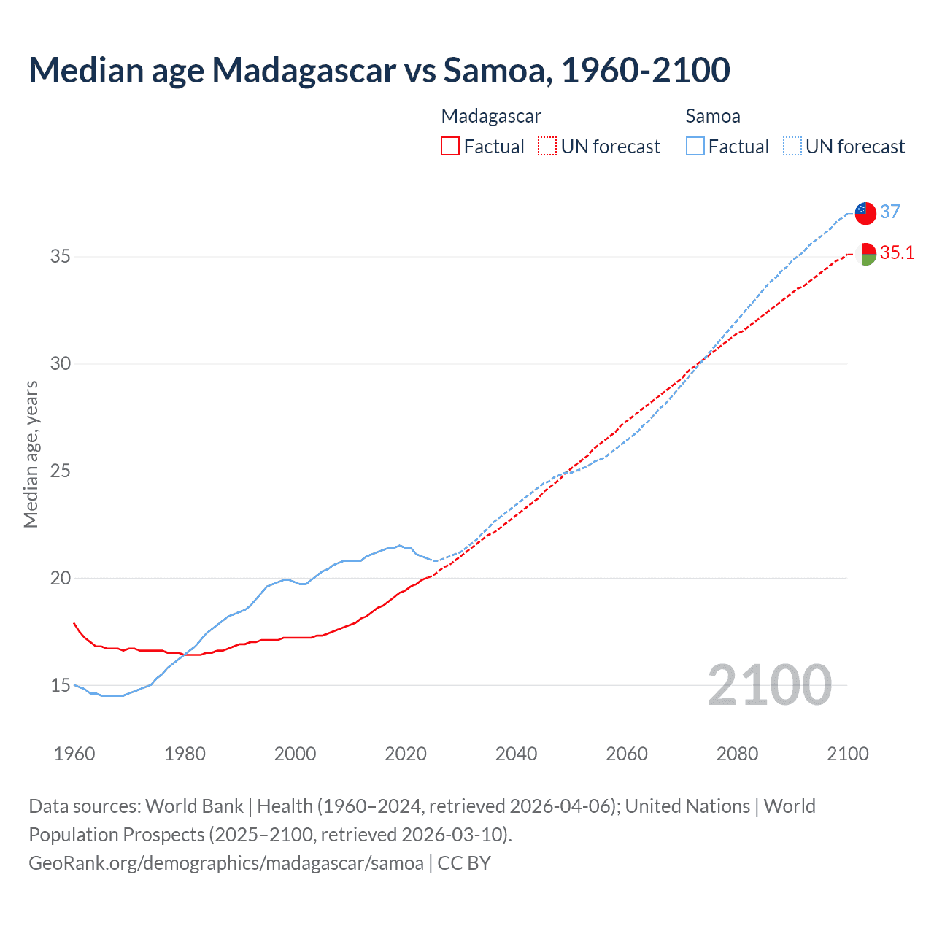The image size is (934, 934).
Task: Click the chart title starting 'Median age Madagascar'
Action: click(x=379, y=70)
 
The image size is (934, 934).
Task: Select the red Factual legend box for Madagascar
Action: click(x=450, y=147)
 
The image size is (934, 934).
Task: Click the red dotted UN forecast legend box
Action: click(x=547, y=147)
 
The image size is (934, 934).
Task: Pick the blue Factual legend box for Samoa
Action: click(x=695, y=147)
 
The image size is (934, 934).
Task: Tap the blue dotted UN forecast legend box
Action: click(x=792, y=147)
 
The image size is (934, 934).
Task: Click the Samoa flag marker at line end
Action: click(x=865, y=212)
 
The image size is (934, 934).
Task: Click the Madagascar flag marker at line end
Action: click(x=865, y=254)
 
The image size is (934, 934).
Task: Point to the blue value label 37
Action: click(x=889, y=212)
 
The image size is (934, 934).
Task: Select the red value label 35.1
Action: click(x=897, y=253)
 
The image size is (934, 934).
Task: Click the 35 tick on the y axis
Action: click(x=61, y=257)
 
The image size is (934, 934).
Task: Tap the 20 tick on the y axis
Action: click(x=61, y=578)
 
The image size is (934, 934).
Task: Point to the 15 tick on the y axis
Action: click(x=61, y=685)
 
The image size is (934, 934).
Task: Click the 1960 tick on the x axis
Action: click(x=74, y=754)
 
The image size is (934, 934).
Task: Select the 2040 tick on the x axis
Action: click(x=516, y=754)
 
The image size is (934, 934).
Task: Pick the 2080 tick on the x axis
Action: click(x=737, y=754)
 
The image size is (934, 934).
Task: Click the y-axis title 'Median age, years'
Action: click(x=31, y=454)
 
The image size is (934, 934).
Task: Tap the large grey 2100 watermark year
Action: click(x=769, y=684)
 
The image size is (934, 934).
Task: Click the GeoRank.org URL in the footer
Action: click(x=226, y=863)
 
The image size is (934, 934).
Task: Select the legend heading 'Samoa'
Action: click(x=713, y=116)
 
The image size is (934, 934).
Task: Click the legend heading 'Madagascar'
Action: click(x=491, y=116)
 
